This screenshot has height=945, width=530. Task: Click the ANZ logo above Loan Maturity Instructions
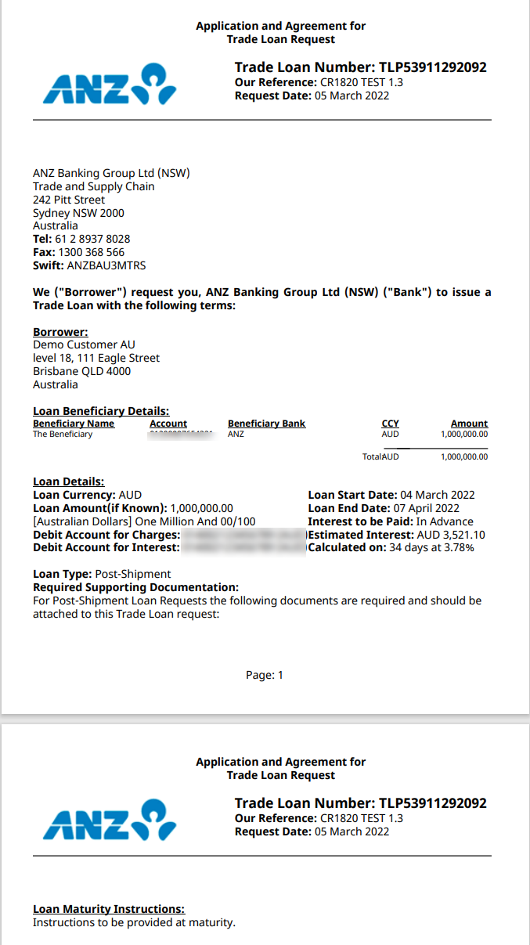pyautogui.click(x=110, y=820)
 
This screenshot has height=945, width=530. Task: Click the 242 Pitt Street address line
pyautogui.click(x=69, y=200)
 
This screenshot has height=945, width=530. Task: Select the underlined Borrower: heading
pyautogui.click(x=60, y=332)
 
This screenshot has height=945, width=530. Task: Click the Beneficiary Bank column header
pyautogui.click(x=266, y=424)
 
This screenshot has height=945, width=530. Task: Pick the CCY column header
pyautogui.click(x=390, y=424)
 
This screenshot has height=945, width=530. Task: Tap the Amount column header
pyautogui.click(x=469, y=424)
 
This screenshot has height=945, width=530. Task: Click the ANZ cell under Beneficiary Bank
pyautogui.click(x=236, y=434)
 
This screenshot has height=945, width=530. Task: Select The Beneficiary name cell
pyautogui.click(x=63, y=434)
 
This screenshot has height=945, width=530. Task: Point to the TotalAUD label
pyautogui.click(x=380, y=456)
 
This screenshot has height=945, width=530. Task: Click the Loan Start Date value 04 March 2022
pyautogui.click(x=438, y=495)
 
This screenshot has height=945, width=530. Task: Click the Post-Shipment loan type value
pyautogui.click(x=127, y=574)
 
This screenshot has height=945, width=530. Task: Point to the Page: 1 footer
pyautogui.click(x=265, y=675)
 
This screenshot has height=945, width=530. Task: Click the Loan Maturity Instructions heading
pyautogui.click(x=109, y=909)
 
